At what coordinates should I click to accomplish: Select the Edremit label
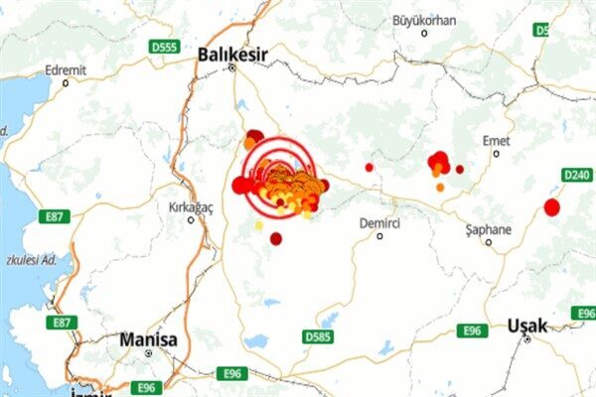pyautogui.click(x=67, y=70)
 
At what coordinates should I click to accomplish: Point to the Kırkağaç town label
pyautogui.click(x=191, y=206)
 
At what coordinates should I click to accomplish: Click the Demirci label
pyautogui.click(x=379, y=223)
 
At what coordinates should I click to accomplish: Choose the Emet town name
pyautogui.click(x=496, y=141)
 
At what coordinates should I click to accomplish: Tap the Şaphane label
pyautogui.click(x=489, y=229)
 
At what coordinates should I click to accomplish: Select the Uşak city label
pyautogui.click(x=526, y=325)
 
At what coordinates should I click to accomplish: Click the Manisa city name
pyautogui.click(x=148, y=339)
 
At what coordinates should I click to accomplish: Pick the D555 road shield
pyautogui.click(x=164, y=46)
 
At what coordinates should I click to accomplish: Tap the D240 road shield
pyautogui.click(x=577, y=175)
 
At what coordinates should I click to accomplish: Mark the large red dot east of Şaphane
pyautogui.click(x=552, y=207)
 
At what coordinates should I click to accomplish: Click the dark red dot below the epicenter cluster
pyautogui.click(x=276, y=238)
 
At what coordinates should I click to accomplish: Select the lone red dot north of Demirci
pyautogui.click(x=370, y=167)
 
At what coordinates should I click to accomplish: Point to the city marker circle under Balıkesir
pyautogui.click(x=232, y=67)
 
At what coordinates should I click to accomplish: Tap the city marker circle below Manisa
pyautogui.click(x=148, y=352)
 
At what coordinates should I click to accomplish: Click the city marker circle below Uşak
pyautogui.click(x=527, y=338)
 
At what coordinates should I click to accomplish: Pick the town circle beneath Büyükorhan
pyautogui.click(x=424, y=33)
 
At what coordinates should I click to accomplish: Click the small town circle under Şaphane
pyautogui.click(x=489, y=241)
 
